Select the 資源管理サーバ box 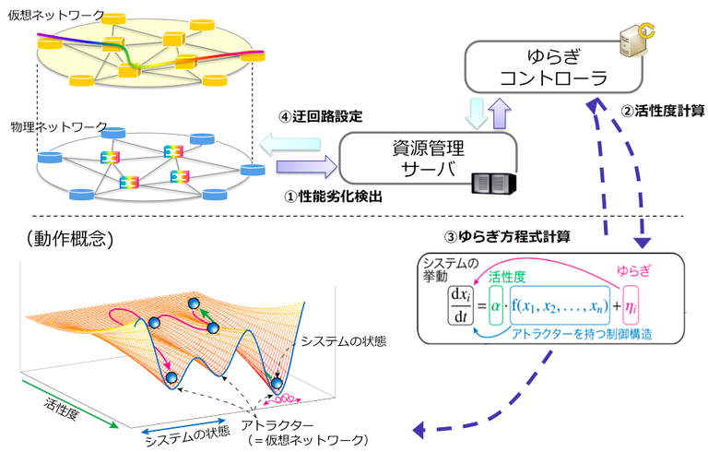pos(424,161)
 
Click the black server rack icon pos(489,182)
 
